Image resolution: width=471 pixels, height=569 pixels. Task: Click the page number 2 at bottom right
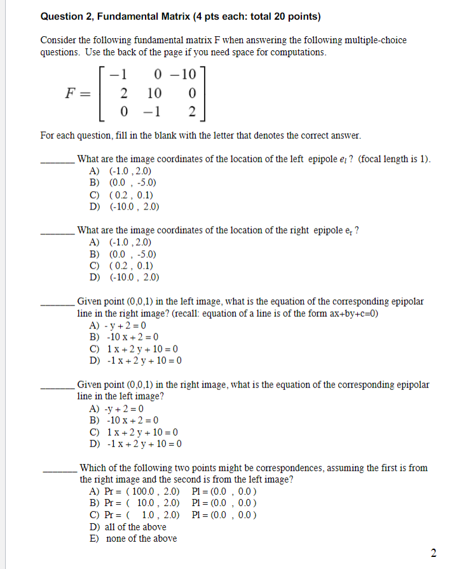point(433,552)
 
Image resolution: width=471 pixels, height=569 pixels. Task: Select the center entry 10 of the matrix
point(154,94)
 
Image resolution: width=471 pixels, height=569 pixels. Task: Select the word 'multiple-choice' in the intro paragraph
point(375,40)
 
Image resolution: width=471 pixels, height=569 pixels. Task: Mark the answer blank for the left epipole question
point(58,163)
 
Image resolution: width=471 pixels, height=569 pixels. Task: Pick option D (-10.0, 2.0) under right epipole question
point(125,277)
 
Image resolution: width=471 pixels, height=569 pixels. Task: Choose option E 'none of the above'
point(134,539)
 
